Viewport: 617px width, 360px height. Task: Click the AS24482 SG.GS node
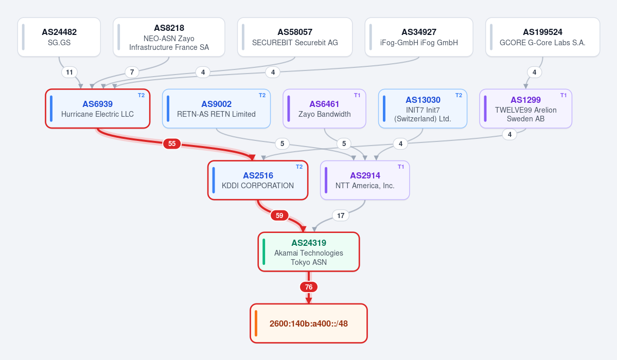point(59,37)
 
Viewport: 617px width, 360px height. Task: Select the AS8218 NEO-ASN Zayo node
point(169,37)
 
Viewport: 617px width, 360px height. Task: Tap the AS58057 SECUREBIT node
point(295,37)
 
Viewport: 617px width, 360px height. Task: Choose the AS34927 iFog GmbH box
point(419,37)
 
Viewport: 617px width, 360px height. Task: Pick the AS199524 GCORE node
point(542,37)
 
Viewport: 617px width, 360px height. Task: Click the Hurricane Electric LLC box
point(98,109)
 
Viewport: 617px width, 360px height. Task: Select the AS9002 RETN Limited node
point(217,109)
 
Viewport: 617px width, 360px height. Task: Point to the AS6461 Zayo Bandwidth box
point(324,109)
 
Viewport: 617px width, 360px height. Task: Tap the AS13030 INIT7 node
point(422,109)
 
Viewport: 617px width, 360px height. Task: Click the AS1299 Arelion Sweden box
point(526,109)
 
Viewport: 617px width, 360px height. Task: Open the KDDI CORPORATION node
point(258,180)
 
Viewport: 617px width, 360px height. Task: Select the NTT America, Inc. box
point(365,180)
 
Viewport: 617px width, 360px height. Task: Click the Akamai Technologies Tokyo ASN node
point(309,252)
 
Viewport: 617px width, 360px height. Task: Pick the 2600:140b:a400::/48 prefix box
point(309,323)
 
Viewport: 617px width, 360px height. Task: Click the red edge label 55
point(172,143)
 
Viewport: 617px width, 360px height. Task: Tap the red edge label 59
point(279,215)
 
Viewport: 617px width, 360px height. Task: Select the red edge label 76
point(309,287)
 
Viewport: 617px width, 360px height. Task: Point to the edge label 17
point(341,215)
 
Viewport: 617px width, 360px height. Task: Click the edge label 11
point(69,72)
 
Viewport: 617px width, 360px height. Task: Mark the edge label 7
point(132,72)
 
